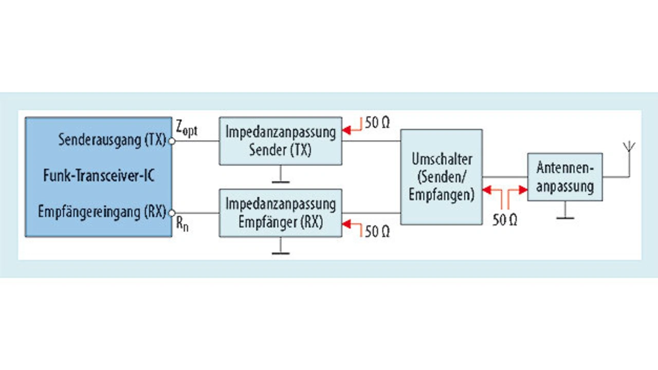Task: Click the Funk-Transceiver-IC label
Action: (x=99, y=176)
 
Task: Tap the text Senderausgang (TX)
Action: (x=112, y=140)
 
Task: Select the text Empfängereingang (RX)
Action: (x=102, y=211)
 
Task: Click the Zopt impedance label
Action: (x=187, y=129)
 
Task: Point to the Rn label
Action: (x=182, y=224)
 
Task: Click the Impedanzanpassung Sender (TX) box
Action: (x=281, y=141)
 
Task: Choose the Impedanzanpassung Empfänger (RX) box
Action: (x=281, y=213)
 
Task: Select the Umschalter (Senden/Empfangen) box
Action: (x=442, y=177)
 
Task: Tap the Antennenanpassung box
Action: (x=565, y=177)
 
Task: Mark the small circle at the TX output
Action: (x=172, y=141)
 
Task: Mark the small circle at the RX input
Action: (x=172, y=213)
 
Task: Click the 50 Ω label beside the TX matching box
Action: (x=377, y=123)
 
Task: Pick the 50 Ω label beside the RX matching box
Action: (x=377, y=231)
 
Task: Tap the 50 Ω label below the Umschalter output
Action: (x=505, y=220)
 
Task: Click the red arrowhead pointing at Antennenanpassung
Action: (x=523, y=190)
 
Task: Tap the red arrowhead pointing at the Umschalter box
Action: (x=487, y=190)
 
